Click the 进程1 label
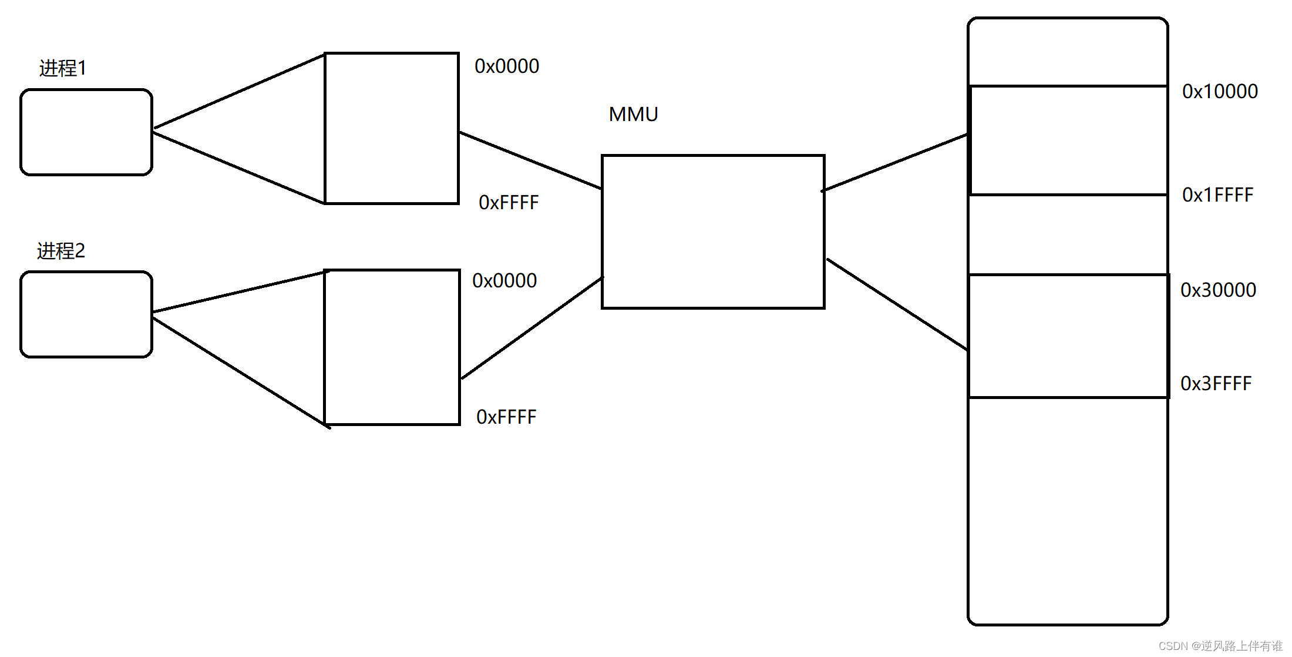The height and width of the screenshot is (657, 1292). point(63,68)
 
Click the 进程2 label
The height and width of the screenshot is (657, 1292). point(61,251)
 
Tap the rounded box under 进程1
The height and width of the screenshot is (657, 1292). point(86,132)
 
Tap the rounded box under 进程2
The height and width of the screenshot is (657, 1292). point(86,314)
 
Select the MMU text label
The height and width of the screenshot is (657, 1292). point(633,114)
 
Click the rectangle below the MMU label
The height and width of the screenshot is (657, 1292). point(713,232)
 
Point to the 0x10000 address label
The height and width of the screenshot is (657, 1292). point(1220,92)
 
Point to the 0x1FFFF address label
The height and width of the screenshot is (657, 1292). point(1217,195)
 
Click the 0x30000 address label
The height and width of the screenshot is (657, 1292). point(1218,290)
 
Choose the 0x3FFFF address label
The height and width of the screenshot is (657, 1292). point(1216,383)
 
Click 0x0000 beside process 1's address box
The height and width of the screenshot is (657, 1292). point(507,66)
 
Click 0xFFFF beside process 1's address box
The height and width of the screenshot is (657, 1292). point(509,202)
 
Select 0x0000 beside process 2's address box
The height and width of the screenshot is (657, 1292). point(504,281)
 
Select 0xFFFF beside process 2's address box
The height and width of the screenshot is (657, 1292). point(506,417)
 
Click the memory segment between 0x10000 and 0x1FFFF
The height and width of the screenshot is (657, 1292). point(1068,140)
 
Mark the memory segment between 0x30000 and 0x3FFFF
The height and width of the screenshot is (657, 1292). point(1068,336)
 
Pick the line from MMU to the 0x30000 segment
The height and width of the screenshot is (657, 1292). point(897,304)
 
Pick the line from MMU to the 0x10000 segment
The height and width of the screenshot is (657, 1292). point(896,163)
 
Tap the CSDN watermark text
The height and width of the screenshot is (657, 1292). point(1220,646)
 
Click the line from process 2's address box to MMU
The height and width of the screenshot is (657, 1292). point(531,328)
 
